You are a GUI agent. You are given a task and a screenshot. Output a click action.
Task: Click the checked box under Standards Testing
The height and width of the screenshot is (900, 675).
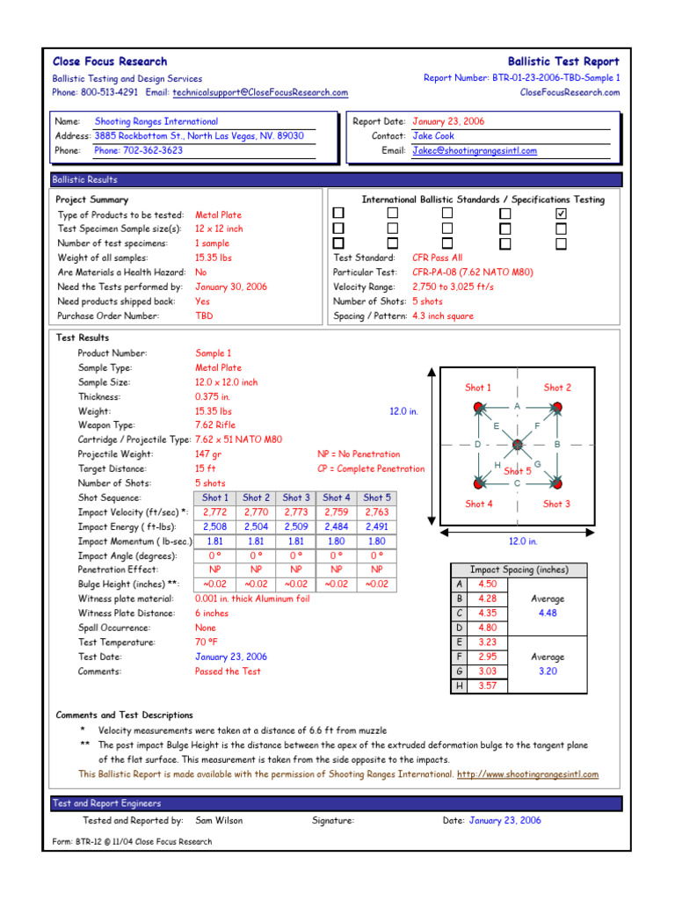pos(562,214)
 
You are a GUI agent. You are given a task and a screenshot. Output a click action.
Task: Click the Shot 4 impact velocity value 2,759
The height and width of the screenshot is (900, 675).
pos(337,512)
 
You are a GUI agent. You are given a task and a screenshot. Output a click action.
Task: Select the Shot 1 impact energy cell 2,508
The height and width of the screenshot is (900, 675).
pos(214,526)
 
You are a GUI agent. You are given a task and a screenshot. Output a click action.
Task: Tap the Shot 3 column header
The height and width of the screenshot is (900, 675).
pos(296,497)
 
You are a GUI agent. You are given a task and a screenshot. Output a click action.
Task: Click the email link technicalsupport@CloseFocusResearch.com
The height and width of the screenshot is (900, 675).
pos(260,92)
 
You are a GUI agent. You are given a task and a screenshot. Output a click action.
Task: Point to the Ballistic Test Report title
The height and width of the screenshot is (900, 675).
pos(563,62)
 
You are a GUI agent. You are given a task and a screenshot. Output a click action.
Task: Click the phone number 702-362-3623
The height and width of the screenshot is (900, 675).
pos(139,150)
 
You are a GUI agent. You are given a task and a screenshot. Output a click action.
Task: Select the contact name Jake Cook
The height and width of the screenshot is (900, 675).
pos(433,136)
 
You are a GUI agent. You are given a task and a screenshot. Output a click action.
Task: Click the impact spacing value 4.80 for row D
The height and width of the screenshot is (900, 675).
pos(487,628)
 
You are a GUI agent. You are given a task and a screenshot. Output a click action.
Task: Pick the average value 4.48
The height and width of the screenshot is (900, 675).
pos(548,613)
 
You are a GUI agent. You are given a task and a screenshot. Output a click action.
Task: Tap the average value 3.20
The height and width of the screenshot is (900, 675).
pos(548,671)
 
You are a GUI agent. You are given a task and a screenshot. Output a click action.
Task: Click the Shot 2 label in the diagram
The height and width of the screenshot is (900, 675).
pos(557,388)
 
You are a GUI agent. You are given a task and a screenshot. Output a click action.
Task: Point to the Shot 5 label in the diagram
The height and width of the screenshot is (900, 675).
pos(518,472)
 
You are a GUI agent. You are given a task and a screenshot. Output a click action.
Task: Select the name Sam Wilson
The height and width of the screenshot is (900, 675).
pos(219,821)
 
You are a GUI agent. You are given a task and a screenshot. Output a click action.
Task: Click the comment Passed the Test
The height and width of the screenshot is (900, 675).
pos(228,671)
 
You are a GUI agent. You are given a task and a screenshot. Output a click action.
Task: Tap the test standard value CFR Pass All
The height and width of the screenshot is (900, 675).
pos(437,258)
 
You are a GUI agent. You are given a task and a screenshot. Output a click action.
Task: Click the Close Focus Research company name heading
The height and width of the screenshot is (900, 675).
pos(110,62)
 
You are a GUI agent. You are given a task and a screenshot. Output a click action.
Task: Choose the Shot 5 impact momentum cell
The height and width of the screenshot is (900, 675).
pos(376,541)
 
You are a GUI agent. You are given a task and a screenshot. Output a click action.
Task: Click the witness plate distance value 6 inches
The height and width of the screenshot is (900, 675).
pos(212,613)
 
